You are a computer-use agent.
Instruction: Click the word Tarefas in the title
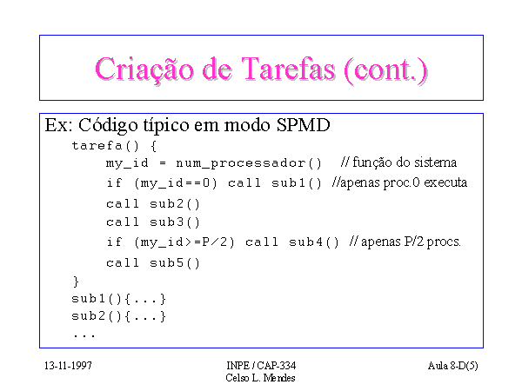[x=288, y=69]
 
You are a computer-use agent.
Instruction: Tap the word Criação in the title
[x=144, y=70]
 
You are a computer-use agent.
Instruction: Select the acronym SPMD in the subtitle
[x=303, y=125]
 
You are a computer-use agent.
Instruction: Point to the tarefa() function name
[x=105, y=145]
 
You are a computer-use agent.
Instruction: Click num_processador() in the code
[x=249, y=163]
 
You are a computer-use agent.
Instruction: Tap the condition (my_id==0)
[x=176, y=183]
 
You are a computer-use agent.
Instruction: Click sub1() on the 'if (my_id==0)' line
[x=297, y=183]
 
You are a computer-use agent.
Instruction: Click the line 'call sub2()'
[x=153, y=204]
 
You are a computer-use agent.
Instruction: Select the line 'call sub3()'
[x=153, y=222]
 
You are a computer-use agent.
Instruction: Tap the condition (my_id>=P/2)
[x=184, y=242]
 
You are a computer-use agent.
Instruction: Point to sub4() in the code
[x=314, y=242]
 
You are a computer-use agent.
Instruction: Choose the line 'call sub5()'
[x=153, y=263]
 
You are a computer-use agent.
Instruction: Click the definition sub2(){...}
[x=118, y=316]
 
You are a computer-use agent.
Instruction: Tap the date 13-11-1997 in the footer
[x=68, y=366]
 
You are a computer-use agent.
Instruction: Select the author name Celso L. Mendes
[x=260, y=378]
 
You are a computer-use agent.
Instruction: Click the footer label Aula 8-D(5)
[x=452, y=366]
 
